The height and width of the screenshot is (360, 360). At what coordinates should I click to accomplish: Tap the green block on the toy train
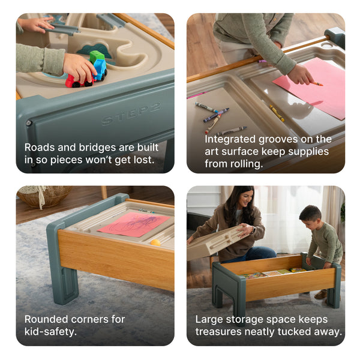click(x=96, y=56)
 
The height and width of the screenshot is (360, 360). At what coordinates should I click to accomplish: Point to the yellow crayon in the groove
click(x=277, y=113)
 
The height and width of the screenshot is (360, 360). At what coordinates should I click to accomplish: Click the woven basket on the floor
click(x=43, y=196)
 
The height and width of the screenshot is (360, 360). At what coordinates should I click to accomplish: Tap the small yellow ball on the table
click(x=155, y=243)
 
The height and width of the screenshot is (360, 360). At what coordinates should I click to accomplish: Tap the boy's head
click(x=310, y=215)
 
